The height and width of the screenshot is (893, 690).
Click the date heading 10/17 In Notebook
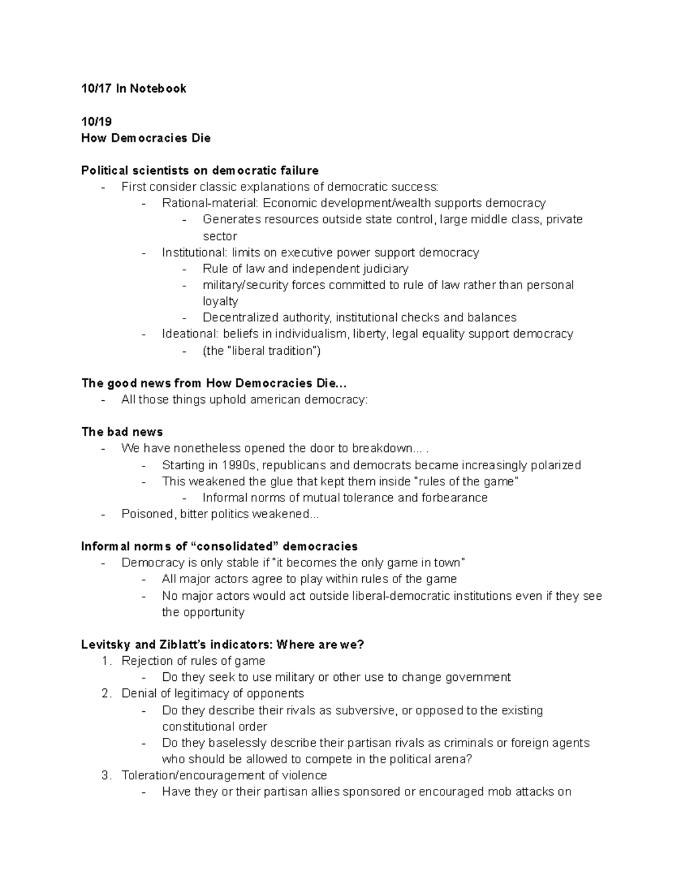point(133,88)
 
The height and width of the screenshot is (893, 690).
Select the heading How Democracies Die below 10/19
point(145,138)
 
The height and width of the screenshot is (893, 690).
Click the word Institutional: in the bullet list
point(194,252)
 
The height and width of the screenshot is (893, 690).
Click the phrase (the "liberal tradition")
point(262,351)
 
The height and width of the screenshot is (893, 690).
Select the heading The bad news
point(122,432)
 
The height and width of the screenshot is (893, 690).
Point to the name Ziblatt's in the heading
point(189,645)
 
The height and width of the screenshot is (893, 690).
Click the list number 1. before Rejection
point(106,661)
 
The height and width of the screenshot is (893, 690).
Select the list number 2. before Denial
point(106,693)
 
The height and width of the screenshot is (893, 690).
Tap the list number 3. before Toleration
point(106,776)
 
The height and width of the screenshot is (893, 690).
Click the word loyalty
point(220,301)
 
